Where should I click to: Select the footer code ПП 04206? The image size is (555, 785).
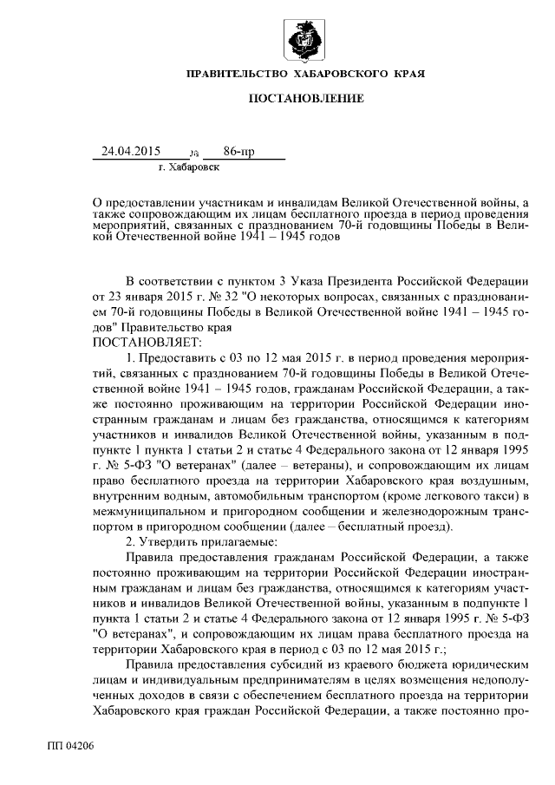tap(70, 745)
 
